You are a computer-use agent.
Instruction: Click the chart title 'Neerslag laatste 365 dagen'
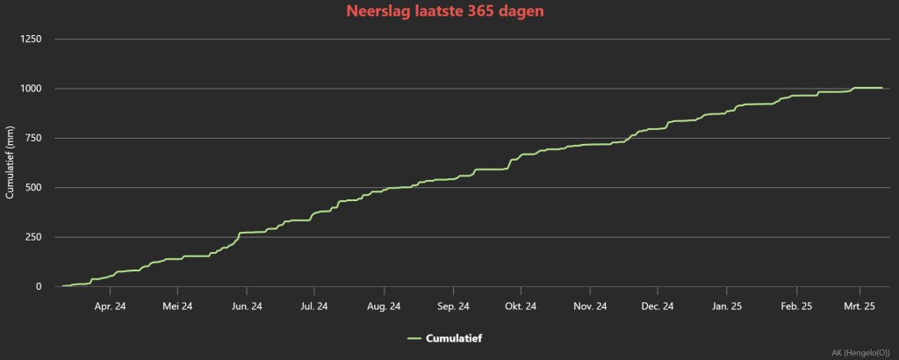pyautogui.click(x=444, y=11)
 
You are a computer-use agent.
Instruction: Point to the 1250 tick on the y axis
pyautogui.click(x=31, y=40)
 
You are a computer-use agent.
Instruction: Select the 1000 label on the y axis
pyautogui.click(x=31, y=89)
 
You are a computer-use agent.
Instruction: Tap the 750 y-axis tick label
pyautogui.click(x=33, y=138)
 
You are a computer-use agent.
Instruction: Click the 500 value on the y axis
pyautogui.click(x=33, y=187)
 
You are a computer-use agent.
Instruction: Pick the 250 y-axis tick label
pyautogui.click(x=33, y=237)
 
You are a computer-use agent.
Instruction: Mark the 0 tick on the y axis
pyautogui.click(x=39, y=286)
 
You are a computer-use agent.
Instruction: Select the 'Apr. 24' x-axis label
pyautogui.click(x=110, y=306)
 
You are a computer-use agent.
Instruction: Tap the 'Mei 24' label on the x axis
pyautogui.click(x=177, y=306)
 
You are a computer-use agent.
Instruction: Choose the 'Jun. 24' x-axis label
pyautogui.click(x=247, y=306)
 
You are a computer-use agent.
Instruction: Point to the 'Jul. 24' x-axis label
pyautogui.click(x=314, y=306)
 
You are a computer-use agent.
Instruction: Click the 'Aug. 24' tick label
pyautogui.click(x=385, y=306)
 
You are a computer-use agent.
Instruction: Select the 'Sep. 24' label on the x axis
pyautogui.click(x=454, y=306)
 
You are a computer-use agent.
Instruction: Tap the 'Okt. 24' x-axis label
pyautogui.click(x=521, y=306)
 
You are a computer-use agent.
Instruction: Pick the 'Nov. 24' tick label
pyautogui.click(x=590, y=306)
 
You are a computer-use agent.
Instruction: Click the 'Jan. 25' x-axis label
pyautogui.click(x=727, y=306)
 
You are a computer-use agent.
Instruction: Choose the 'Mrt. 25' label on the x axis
pyautogui.click(x=860, y=306)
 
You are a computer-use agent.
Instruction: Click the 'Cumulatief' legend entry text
pyautogui.click(x=454, y=338)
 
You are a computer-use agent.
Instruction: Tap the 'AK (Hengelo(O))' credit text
pyautogui.click(x=860, y=352)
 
